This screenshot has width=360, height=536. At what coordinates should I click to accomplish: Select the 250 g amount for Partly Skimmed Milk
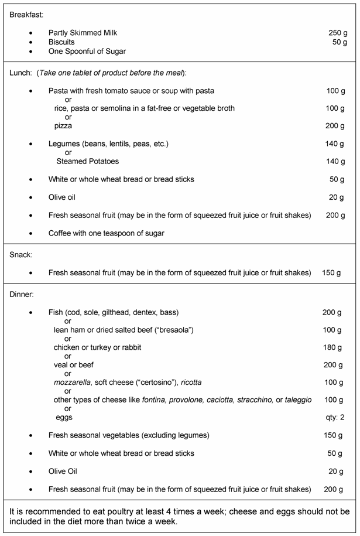(338, 33)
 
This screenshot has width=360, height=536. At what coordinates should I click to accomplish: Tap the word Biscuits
(61, 42)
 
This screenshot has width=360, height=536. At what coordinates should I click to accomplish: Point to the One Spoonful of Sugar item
(87, 52)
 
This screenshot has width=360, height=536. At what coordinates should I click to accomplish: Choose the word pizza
(63, 126)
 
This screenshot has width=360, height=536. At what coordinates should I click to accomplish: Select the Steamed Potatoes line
(87, 161)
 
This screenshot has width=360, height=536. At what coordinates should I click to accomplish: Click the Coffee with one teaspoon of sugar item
(106, 233)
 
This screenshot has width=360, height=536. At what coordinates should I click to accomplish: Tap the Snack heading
(20, 255)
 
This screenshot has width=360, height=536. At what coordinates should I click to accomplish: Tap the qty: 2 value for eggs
(332, 418)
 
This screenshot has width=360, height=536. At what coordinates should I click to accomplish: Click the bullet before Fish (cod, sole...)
(31, 312)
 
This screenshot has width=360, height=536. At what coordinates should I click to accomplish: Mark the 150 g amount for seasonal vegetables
(332, 435)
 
